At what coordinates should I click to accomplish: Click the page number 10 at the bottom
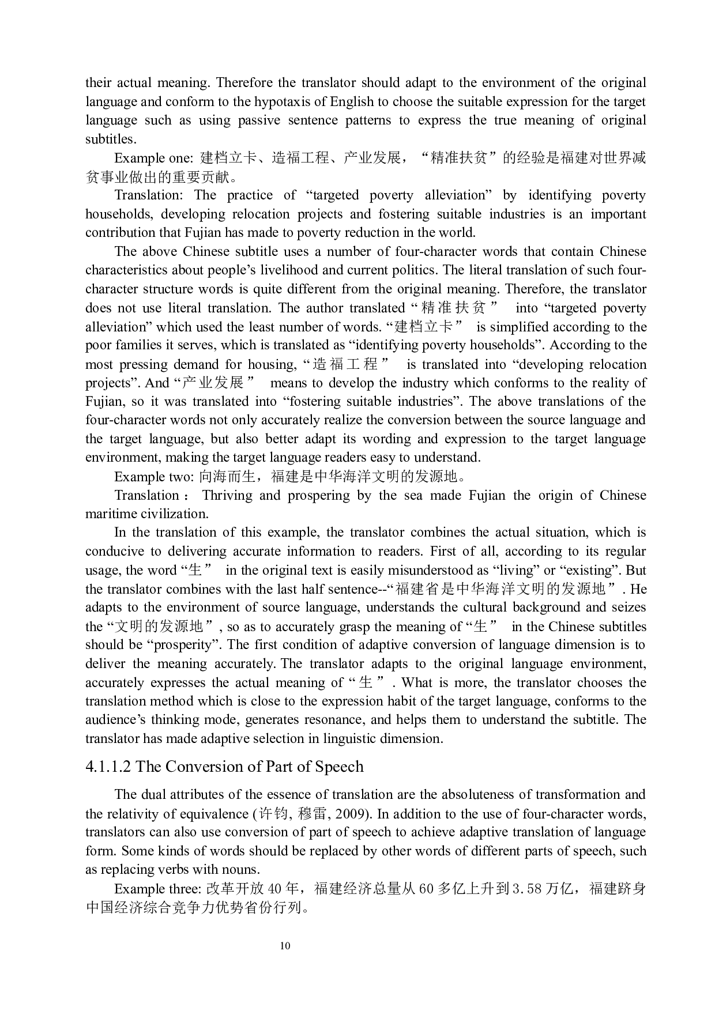pyautogui.click(x=285, y=946)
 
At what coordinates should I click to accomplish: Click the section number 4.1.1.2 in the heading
pyautogui.click(x=108, y=767)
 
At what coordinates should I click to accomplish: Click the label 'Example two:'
pyautogui.click(x=154, y=477)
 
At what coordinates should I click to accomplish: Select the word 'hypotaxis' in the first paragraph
pyautogui.click(x=266, y=101)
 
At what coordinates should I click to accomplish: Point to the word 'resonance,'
pyautogui.click(x=338, y=720)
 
